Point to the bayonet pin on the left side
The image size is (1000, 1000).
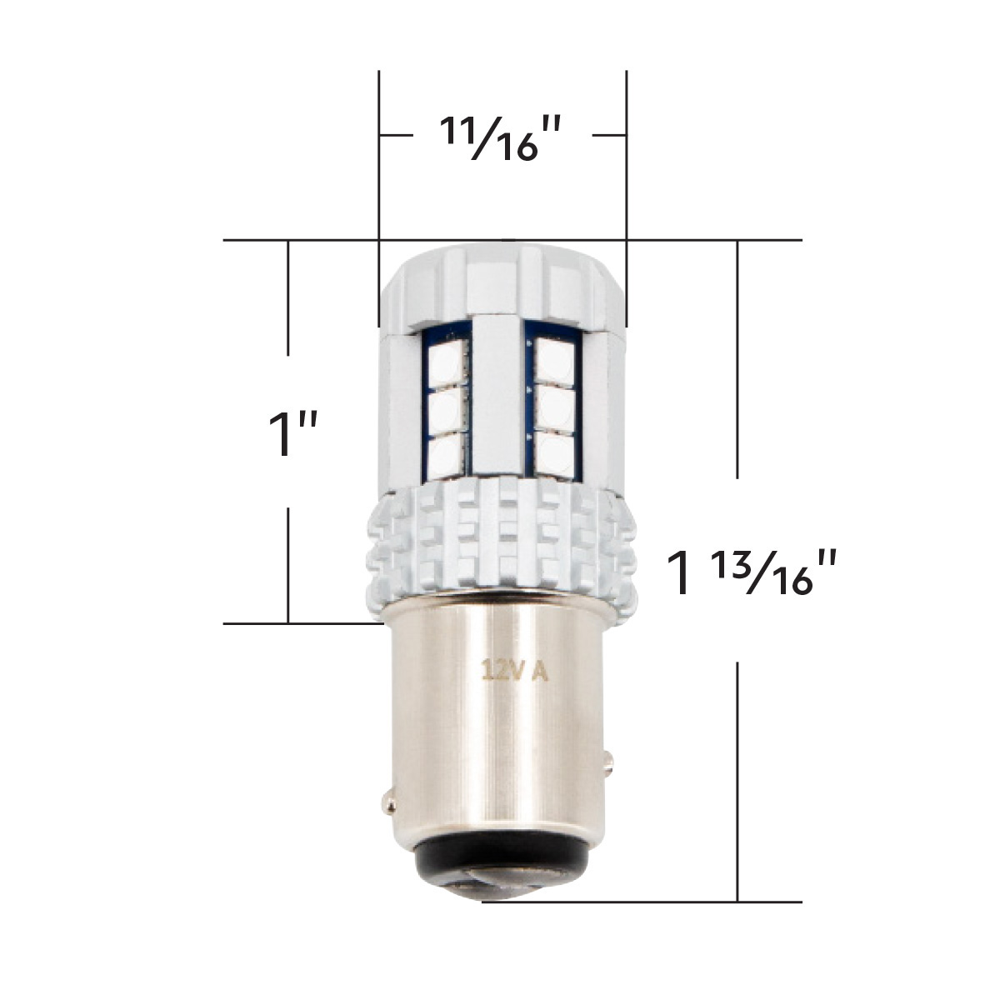pyautogui.click(x=388, y=801)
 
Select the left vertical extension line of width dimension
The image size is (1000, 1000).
pyautogui.click(x=379, y=150)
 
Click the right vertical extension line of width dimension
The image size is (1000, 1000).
pyautogui.click(x=627, y=150)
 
